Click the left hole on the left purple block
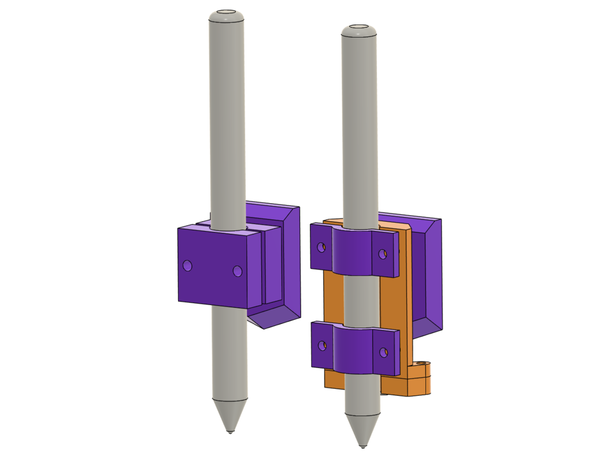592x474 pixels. [x=187, y=265]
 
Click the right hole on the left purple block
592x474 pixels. [x=237, y=271]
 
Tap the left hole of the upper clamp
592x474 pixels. [x=321, y=247]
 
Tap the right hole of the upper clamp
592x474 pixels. [x=382, y=253]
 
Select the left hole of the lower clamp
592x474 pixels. [x=322, y=346]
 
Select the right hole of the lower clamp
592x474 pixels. [x=382, y=352]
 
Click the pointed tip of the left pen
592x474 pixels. [x=230, y=431]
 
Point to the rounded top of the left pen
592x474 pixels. [x=226, y=14]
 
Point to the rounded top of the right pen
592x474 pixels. [x=359, y=29]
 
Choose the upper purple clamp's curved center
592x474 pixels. [x=352, y=252]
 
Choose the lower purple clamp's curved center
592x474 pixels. [x=352, y=350]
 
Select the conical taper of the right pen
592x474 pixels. [x=362, y=427]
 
